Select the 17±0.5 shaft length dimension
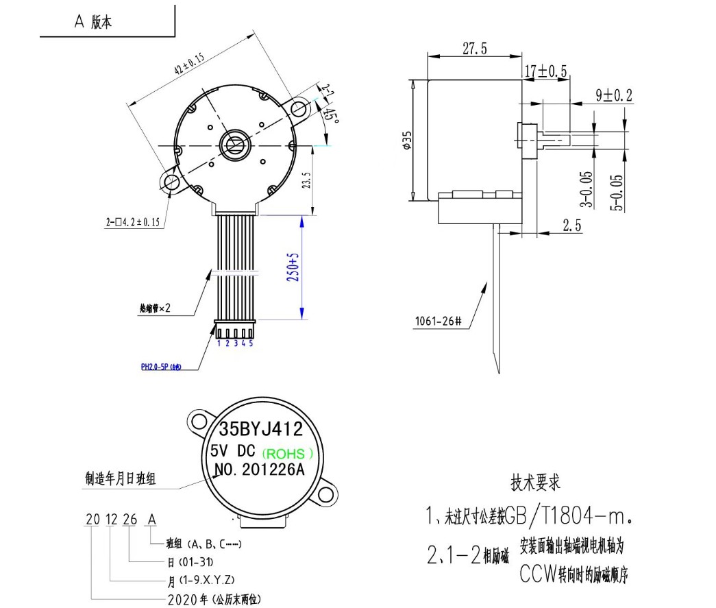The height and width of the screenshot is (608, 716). pyautogui.click(x=545, y=71)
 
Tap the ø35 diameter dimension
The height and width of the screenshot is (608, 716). pyautogui.click(x=406, y=140)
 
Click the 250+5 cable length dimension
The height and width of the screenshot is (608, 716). pyautogui.click(x=294, y=268)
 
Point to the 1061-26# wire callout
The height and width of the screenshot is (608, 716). pyautogui.click(x=438, y=320)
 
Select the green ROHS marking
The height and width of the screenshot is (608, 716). pyautogui.click(x=288, y=453)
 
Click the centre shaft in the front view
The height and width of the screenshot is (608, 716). pyautogui.click(x=233, y=145)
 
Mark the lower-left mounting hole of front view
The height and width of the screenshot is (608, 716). pyautogui.click(x=170, y=181)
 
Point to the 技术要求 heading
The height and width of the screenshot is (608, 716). pyautogui.click(x=535, y=482)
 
